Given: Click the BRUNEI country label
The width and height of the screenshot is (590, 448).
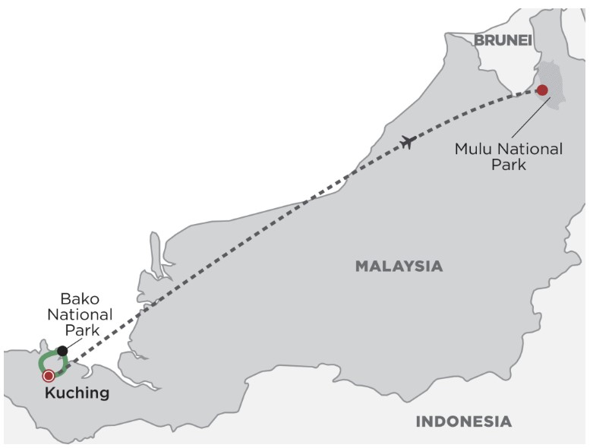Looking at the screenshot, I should tap(503, 39).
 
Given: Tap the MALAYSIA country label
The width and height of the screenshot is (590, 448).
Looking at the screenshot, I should tap(399, 266).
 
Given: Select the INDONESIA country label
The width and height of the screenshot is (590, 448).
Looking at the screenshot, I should tap(463, 421).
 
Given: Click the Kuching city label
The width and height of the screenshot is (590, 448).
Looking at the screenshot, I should tap(77, 393).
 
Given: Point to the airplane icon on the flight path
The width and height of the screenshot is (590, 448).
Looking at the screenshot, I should tap(408, 141).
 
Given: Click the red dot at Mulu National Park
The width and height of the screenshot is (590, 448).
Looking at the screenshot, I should tap(542, 90).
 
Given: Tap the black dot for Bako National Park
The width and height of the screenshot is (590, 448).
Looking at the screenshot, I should tap(62, 350).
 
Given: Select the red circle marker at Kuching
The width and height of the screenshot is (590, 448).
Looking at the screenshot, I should tap(49, 375).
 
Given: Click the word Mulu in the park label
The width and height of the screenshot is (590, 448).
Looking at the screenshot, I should tap(472, 149).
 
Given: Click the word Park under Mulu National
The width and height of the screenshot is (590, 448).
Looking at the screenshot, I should tap(508, 165).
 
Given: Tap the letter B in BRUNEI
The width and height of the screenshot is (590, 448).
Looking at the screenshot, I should tap(480, 39).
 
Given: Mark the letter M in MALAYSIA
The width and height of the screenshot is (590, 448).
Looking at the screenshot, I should tap(361, 266).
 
